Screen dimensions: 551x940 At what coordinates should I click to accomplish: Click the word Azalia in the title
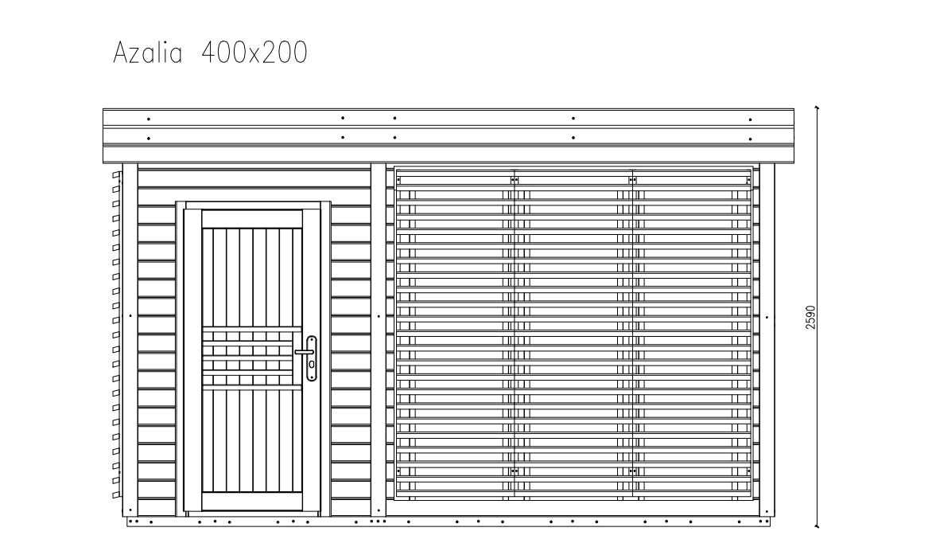pos(148,53)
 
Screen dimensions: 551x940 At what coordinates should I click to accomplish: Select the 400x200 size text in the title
pos(254,53)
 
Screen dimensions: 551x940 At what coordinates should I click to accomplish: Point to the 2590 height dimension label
pos(810,317)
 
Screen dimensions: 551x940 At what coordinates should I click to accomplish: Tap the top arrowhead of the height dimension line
pos(818,107)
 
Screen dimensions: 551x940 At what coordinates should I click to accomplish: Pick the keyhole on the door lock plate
pos(312,365)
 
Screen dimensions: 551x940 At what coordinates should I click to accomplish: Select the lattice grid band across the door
pos(251,358)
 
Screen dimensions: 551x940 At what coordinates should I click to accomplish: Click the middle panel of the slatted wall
pos(573,334)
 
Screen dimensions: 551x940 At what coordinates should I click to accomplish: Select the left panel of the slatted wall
pos(455,334)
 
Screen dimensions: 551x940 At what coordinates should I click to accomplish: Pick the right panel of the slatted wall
pos(692,334)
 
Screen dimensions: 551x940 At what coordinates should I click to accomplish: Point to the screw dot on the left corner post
pos(130,316)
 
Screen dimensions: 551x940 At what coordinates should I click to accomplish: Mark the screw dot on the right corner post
pos(767,316)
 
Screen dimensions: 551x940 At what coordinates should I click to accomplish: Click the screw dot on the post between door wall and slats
pos(379,316)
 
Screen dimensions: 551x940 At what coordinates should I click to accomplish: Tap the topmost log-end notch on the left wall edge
pos(116,174)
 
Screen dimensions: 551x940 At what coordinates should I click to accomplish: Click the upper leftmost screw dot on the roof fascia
pos(149,119)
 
